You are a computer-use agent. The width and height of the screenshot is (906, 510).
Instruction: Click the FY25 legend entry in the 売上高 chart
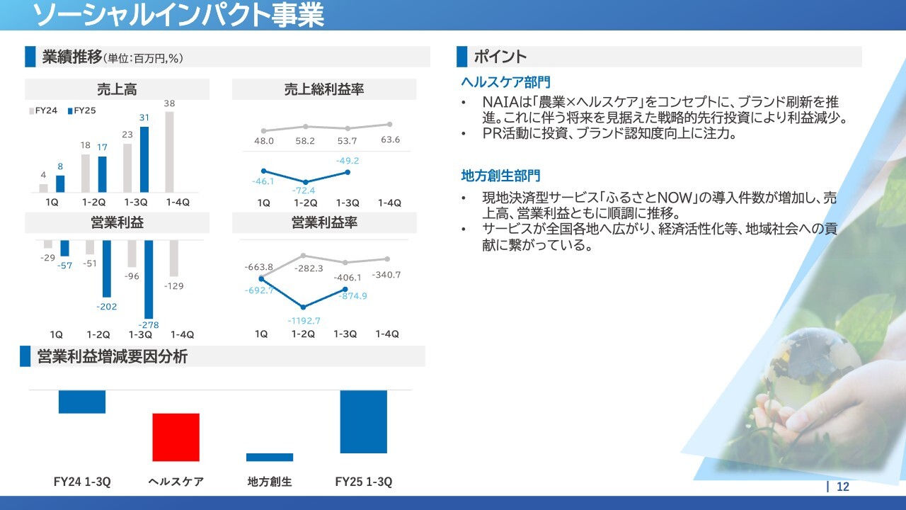81,110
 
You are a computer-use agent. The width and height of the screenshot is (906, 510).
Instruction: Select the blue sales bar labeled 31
144,159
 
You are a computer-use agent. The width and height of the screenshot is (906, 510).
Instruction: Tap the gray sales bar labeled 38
169,152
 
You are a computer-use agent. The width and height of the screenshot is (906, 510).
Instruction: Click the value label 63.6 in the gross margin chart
390,140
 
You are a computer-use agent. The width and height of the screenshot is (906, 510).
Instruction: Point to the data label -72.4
304,191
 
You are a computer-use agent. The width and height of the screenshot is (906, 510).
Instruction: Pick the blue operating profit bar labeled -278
149,279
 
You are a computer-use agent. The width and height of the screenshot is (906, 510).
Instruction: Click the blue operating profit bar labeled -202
106,268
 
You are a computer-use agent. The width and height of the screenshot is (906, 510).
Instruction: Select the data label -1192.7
304,321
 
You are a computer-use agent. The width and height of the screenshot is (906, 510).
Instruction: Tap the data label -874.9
353,296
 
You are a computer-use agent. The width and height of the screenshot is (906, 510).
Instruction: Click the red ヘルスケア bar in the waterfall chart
176,437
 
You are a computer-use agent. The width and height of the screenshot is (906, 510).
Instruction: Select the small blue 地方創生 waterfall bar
270,458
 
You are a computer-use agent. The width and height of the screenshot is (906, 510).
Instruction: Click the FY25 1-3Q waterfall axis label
364,482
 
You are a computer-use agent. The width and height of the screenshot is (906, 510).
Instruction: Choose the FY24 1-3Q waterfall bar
82,402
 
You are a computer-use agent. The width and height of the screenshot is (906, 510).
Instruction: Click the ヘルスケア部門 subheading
505,82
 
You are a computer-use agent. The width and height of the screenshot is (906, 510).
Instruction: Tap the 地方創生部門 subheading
500,176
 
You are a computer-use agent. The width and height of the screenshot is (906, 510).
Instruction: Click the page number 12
843,487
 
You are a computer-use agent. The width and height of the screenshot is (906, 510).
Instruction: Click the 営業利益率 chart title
324,222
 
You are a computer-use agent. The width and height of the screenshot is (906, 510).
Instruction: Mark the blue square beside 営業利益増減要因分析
25,356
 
